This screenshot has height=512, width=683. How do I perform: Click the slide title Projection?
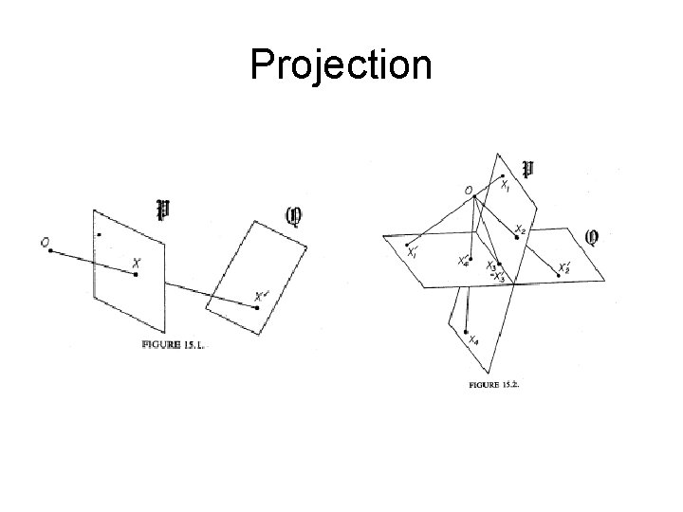coord(341,65)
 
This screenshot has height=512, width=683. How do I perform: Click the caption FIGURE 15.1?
coord(174,345)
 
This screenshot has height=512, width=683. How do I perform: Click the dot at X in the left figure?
coord(137,275)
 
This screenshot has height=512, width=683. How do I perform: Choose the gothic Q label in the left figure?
coord(294,217)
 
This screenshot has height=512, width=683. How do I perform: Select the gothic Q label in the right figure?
coord(592,235)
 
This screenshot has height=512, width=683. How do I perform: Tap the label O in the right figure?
coord(469,190)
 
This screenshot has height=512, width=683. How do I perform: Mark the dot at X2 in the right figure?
coord(516,238)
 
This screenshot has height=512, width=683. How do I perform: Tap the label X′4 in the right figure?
coord(463,261)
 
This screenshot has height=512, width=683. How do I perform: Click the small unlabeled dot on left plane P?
coord(98,232)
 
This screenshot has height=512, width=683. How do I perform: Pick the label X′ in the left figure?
coord(262,296)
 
